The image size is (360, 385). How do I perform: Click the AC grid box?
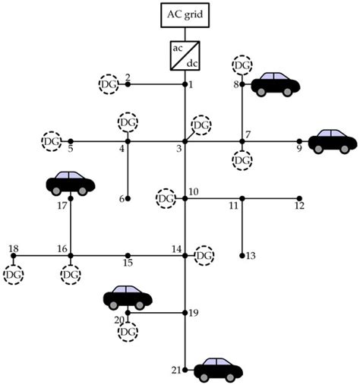[185, 14]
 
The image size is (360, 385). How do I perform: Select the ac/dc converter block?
[185, 54]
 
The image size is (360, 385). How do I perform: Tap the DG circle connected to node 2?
[109, 84]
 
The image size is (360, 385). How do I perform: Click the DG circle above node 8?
[242, 65]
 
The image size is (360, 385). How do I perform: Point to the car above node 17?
[71, 182]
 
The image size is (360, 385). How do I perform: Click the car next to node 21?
[219, 369]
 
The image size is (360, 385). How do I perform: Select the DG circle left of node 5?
[51, 141]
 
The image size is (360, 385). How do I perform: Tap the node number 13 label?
[251, 255]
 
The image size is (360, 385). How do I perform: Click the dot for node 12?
[298, 199]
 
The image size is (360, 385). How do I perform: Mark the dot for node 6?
[128, 199]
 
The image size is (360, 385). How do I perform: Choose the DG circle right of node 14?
[204, 256]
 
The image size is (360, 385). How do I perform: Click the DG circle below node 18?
[14, 274]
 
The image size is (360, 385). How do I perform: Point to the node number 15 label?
[128, 264]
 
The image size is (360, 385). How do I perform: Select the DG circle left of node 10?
[166, 199]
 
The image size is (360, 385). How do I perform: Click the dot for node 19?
[185, 312]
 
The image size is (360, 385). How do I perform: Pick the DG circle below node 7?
[242, 160]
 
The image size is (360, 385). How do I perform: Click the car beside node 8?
[275, 84]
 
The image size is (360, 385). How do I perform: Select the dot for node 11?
[242, 199]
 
